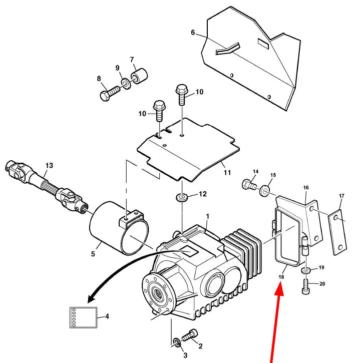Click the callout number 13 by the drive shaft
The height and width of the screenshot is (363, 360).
(49, 166)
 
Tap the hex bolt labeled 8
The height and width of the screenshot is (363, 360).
(110, 93)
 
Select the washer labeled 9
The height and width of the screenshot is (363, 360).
(126, 83)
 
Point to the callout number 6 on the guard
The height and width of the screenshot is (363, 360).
(193, 33)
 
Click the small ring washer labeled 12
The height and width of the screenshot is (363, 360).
(182, 197)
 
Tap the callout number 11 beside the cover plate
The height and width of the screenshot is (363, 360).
(227, 172)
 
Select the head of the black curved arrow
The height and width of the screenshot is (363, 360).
(91, 298)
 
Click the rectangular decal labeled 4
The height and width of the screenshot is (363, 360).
(83, 317)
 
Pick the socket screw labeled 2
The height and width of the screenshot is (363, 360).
(191, 335)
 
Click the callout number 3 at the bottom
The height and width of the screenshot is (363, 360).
(185, 355)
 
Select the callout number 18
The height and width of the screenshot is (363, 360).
(281, 277)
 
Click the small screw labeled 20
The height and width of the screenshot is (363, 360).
(306, 286)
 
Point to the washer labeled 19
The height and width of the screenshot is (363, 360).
(306, 270)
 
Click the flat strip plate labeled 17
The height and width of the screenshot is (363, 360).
(337, 232)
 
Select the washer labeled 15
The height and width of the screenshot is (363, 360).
(264, 190)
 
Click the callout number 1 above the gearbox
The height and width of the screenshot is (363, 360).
(208, 216)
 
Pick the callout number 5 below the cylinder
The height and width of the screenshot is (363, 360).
(93, 254)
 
